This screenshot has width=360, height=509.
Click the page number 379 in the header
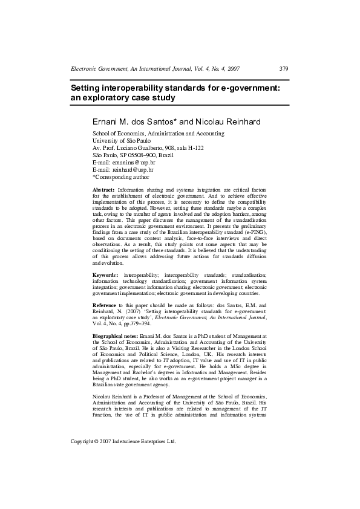pos(284,69)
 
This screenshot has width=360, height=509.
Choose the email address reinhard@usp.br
pos(126,170)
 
